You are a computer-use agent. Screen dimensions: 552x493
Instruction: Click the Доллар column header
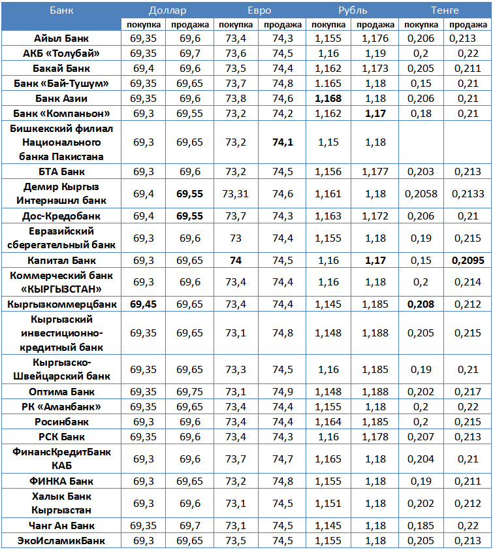[x=167, y=10]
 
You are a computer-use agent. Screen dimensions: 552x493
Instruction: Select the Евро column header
[x=259, y=10]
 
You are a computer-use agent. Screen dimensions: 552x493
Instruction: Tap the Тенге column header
[x=445, y=10]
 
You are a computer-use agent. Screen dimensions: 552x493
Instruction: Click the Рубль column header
[x=353, y=10]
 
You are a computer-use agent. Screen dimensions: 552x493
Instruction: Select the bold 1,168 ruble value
[x=328, y=98]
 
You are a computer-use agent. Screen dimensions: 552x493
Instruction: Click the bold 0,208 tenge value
[x=421, y=304]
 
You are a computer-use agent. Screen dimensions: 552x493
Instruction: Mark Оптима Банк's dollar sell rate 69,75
[x=189, y=392]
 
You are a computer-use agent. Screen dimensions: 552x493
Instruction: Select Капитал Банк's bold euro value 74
[x=236, y=259]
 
